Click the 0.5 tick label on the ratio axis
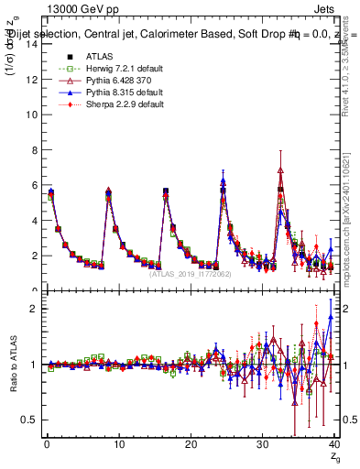click(30, 420)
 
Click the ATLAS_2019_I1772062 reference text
click(191, 274)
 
